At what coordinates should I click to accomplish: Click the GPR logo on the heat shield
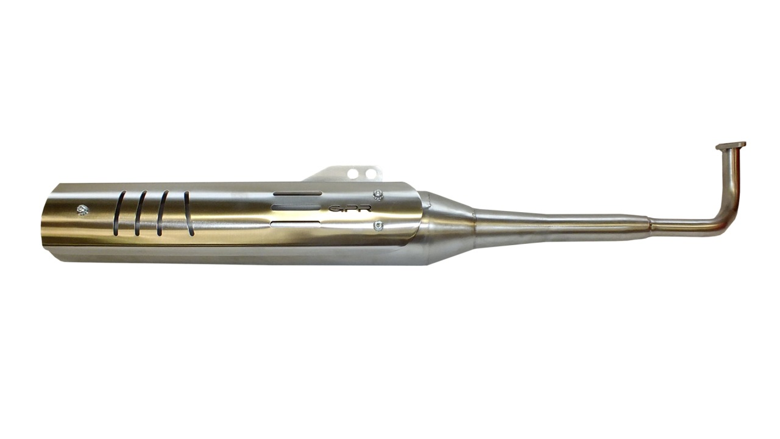[x=350, y=209]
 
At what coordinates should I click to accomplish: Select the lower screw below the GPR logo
[x=377, y=226]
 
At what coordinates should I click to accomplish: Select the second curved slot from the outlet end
[x=140, y=213]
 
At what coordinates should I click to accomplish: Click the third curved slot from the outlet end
[x=162, y=213]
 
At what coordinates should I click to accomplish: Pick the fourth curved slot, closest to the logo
[x=188, y=213]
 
